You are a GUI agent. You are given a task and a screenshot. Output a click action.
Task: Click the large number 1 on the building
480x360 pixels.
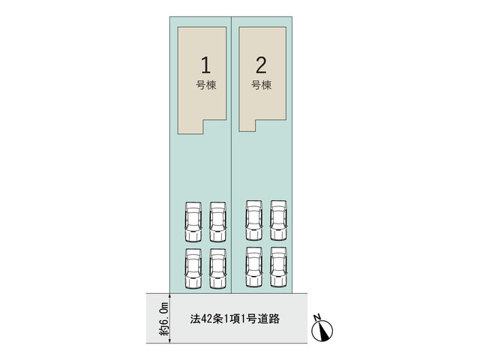tap(205, 65)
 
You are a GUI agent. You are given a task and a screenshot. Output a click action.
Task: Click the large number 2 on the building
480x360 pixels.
tap(261, 65)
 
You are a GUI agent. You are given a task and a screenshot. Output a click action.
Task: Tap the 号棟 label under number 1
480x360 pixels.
tap(206, 85)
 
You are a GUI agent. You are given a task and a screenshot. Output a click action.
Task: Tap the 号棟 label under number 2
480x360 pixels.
tap(261, 85)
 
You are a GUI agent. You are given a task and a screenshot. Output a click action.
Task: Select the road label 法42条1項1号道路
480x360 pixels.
tap(235, 319)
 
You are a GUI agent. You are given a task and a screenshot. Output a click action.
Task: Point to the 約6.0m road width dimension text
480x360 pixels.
tap(163, 319)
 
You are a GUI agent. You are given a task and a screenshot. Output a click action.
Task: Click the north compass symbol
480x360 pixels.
tap(322, 331)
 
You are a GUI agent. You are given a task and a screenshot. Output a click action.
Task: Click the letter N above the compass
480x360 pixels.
tap(317, 316)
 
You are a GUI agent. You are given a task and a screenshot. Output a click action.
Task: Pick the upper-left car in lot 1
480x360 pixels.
tap(193, 222)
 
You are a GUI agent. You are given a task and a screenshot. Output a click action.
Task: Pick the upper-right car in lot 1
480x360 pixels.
tap(217, 222)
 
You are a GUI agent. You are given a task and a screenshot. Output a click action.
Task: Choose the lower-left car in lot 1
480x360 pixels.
tap(193, 268)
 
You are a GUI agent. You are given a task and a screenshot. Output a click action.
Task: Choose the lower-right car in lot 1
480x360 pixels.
tap(217, 268)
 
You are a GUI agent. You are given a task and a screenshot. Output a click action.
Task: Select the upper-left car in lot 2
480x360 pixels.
tap(254, 220)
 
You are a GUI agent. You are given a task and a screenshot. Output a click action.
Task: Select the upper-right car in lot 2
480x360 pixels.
tap(278, 220)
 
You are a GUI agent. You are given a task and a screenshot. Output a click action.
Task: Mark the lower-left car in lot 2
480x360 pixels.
tap(254, 267)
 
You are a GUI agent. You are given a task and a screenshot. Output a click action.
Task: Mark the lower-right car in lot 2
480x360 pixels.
tap(278, 267)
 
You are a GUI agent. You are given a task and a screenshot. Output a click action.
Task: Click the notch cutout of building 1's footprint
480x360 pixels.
tap(215, 127)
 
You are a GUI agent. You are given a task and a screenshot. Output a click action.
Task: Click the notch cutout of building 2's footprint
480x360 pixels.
tap(271, 125)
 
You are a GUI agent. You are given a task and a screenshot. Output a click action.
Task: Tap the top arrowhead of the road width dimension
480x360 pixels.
tap(170, 296)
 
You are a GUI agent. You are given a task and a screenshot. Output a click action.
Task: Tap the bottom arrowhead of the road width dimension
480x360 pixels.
tap(170, 340)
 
